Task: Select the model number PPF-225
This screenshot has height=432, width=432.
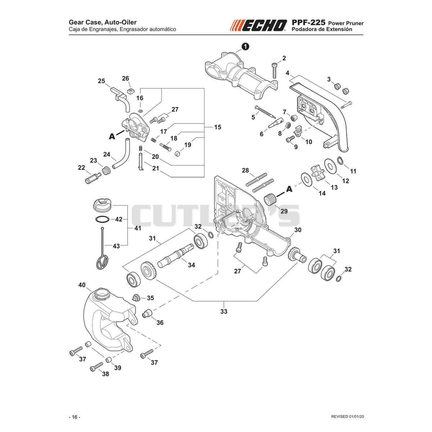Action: click(x=308, y=23)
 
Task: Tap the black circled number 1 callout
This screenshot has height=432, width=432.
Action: click(x=246, y=46)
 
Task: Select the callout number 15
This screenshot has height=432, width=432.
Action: click(x=217, y=127)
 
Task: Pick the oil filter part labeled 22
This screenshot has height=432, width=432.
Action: click(x=93, y=178)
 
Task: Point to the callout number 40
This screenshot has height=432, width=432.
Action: click(x=82, y=285)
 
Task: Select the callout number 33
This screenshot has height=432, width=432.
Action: click(x=224, y=311)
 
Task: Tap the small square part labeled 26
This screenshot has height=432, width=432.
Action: click(x=130, y=91)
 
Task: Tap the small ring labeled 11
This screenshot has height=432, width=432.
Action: click(x=340, y=160)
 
